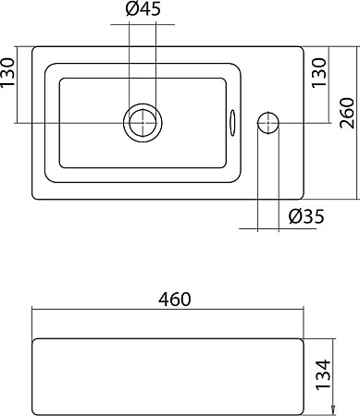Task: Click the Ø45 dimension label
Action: [143, 9]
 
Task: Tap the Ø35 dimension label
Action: [306, 216]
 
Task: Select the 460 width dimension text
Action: [175, 300]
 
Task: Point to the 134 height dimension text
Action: [324, 374]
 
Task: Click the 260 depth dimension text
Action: [347, 113]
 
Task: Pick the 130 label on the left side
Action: [7, 73]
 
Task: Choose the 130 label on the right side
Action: [318, 73]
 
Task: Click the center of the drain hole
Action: [143, 123]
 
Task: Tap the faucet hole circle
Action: [268, 123]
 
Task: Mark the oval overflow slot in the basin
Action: [232, 123]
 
